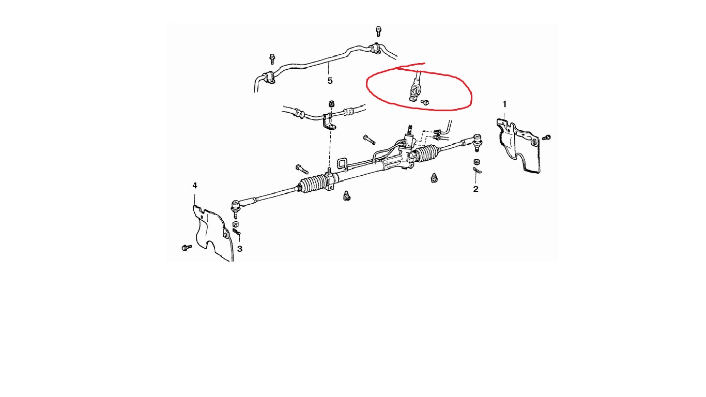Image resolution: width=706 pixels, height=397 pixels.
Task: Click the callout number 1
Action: click(x=504, y=104)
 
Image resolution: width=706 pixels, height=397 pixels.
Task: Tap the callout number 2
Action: click(x=475, y=189)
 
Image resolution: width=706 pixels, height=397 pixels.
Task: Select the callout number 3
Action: click(x=240, y=249)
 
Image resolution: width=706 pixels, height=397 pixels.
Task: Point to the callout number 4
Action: click(x=195, y=186)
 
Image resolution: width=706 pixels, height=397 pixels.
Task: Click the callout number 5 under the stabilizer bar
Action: click(x=330, y=81)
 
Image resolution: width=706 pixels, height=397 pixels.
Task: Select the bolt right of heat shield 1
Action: click(x=546, y=138)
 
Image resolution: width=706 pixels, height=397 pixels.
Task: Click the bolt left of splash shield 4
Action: click(x=187, y=248)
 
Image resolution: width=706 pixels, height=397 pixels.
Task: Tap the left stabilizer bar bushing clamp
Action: click(x=268, y=77)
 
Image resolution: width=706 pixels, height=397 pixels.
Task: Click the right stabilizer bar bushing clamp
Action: click(x=376, y=48)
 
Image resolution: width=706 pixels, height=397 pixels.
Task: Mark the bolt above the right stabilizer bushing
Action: click(x=378, y=31)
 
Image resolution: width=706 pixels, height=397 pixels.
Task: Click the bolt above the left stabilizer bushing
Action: click(x=272, y=59)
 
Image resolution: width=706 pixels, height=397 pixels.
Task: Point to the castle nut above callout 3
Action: click(x=235, y=224)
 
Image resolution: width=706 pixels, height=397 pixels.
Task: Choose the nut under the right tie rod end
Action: click(x=477, y=162)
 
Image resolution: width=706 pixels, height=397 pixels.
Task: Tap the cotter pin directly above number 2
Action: click(x=477, y=170)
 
